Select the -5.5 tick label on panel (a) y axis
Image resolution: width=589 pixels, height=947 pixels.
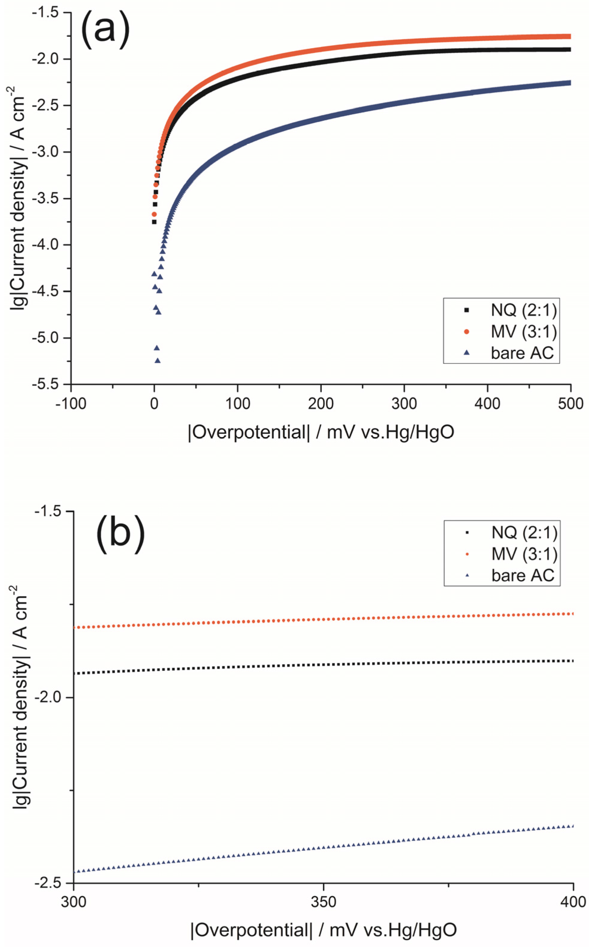click(x=49, y=384)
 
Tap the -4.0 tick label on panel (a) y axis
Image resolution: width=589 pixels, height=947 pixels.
click(x=49, y=245)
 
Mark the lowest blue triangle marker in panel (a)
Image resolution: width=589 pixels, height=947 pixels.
click(x=157, y=361)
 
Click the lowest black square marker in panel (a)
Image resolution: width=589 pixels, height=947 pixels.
click(x=154, y=222)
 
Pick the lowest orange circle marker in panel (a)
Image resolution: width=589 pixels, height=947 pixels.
click(x=154, y=214)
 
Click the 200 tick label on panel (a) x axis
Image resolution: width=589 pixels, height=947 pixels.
click(x=321, y=404)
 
